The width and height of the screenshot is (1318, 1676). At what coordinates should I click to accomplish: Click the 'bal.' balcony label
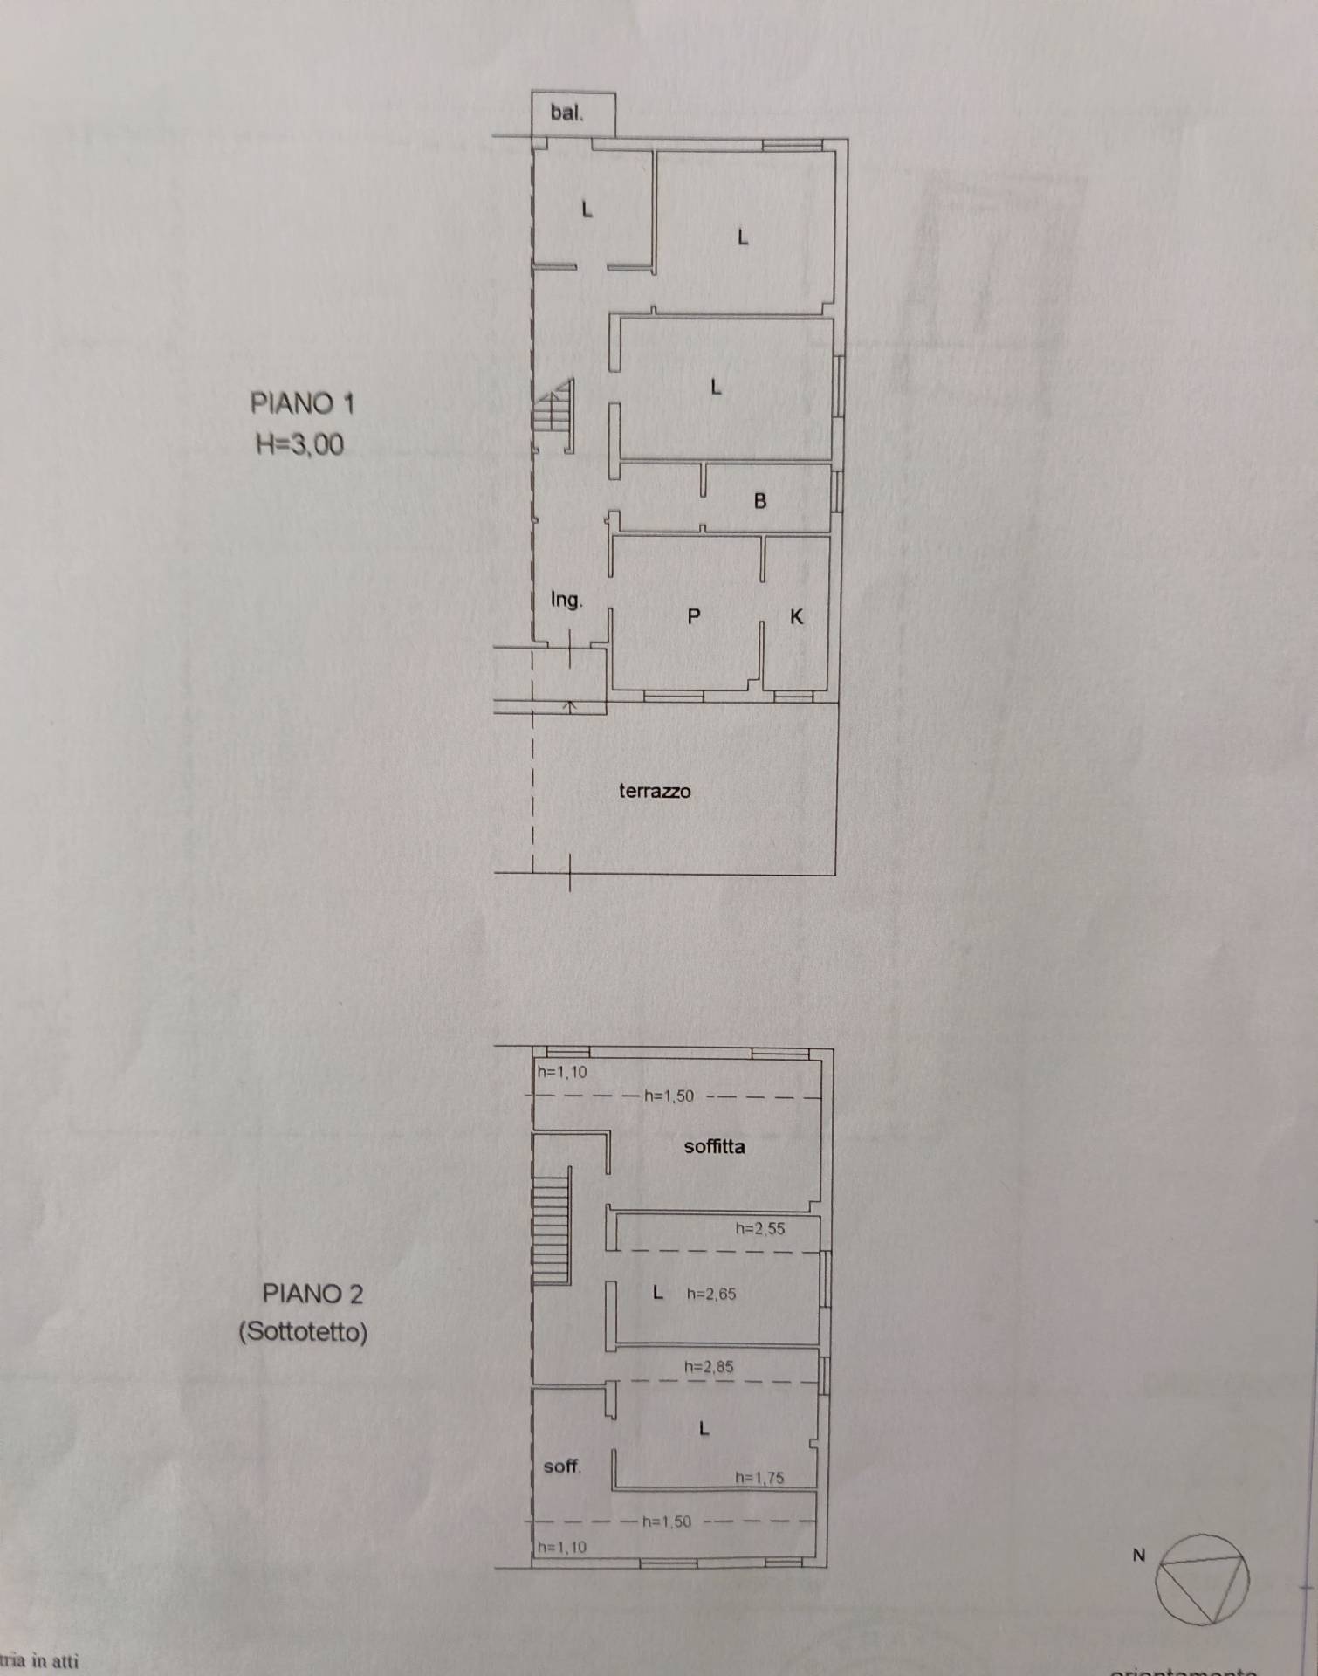[566, 113]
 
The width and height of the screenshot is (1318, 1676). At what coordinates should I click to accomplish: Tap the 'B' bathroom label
[760, 502]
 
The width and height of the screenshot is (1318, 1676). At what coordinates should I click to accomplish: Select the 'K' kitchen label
[796, 617]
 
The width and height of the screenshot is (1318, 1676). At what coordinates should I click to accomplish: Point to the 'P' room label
[694, 617]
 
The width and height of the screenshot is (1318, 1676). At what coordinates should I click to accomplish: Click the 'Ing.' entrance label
[566, 600]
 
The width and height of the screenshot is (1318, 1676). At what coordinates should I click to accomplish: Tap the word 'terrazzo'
[655, 792]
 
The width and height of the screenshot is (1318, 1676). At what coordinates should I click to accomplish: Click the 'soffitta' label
[714, 1147]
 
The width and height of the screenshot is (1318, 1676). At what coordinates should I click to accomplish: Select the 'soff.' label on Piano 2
[561, 1466]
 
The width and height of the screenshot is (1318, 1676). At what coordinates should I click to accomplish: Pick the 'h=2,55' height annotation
[760, 1228]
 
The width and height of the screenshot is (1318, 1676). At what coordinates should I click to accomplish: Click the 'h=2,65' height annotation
[711, 1294]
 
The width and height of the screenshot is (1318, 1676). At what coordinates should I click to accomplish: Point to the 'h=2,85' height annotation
[709, 1367]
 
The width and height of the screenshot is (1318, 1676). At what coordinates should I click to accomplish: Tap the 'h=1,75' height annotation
[759, 1478]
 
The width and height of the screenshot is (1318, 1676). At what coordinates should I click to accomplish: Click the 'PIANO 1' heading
[302, 403]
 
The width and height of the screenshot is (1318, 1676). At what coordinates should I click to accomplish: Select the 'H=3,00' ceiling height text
[299, 445]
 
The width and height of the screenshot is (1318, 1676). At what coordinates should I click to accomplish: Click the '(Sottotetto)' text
[303, 1332]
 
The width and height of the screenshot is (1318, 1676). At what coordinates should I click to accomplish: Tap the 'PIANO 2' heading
[312, 1294]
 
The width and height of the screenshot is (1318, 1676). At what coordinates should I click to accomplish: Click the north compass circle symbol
[1202, 1580]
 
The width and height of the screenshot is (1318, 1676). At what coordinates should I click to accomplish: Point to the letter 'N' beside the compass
[1138, 1555]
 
